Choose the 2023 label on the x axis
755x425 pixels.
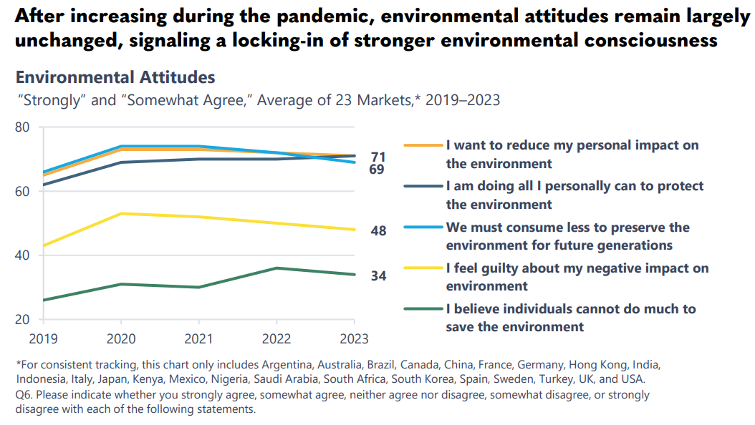pyautogui.click(x=354, y=337)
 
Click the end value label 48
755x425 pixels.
pyautogui.click(x=378, y=231)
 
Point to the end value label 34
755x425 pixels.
pyautogui.click(x=378, y=275)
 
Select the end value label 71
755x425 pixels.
pyautogui.click(x=378, y=157)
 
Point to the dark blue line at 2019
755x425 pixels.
pyautogui.click(x=43, y=185)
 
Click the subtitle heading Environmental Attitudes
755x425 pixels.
pyautogui.click(x=115, y=77)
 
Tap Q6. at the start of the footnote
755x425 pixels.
pyautogui.click(x=24, y=394)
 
